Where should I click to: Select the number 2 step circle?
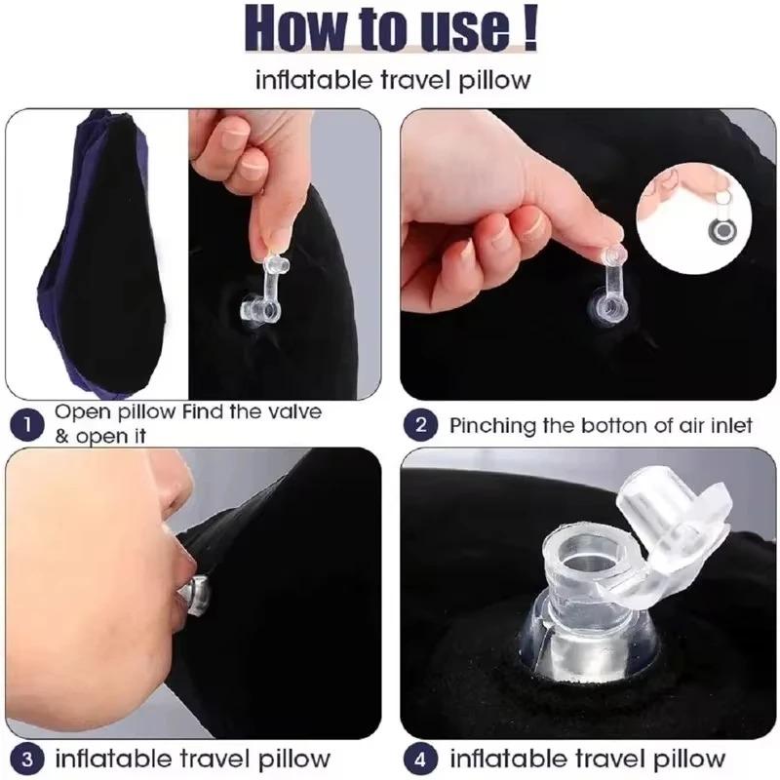(421, 424)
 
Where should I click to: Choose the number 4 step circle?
(421, 758)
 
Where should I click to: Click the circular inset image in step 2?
(699, 216)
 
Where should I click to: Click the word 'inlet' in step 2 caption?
(731, 425)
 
